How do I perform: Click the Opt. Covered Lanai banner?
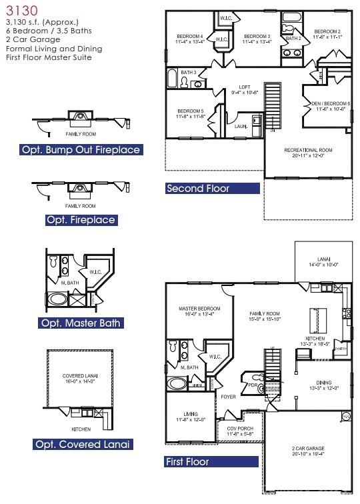[x=81, y=444]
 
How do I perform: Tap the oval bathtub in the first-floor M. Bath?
[x=177, y=384]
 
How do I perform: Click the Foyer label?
[x=228, y=396]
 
